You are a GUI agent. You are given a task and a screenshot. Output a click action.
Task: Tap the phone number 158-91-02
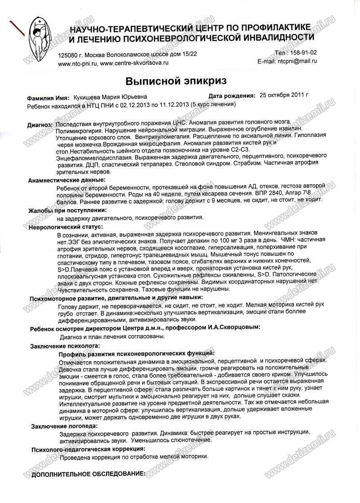coord(301,53)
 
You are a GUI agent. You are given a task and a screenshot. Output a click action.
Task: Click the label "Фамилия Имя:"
coord(48,97)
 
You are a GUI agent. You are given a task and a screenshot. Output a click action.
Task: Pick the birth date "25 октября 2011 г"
coord(283,95)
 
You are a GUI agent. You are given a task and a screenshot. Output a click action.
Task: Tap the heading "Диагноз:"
coord(40,123)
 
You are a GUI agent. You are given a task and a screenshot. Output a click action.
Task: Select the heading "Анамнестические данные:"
coord(67,180)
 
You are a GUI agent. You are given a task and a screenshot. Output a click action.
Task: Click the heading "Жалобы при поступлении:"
coord(67,210)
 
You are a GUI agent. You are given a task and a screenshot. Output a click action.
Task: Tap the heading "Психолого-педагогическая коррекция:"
coord(88,449)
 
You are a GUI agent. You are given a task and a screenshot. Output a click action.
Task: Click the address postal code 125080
coord(68,54)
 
